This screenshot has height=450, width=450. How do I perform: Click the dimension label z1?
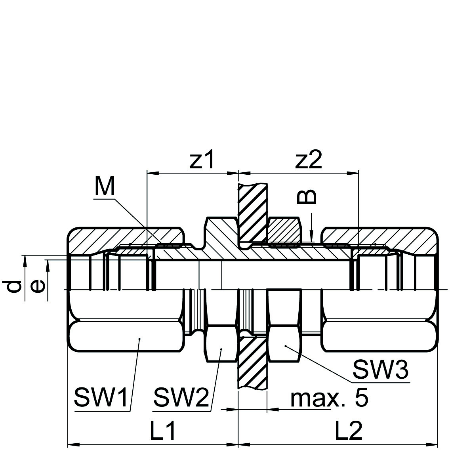[x=202, y=161]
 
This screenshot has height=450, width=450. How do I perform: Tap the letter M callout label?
[x=105, y=187]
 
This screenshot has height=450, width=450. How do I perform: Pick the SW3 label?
[x=380, y=370]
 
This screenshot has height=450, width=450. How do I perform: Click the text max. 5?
[x=329, y=398]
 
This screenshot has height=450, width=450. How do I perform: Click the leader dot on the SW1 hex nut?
[x=139, y=339]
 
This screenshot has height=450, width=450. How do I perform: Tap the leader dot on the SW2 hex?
[x=221, y=349]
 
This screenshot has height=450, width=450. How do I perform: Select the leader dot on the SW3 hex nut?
[x=286, y=345]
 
